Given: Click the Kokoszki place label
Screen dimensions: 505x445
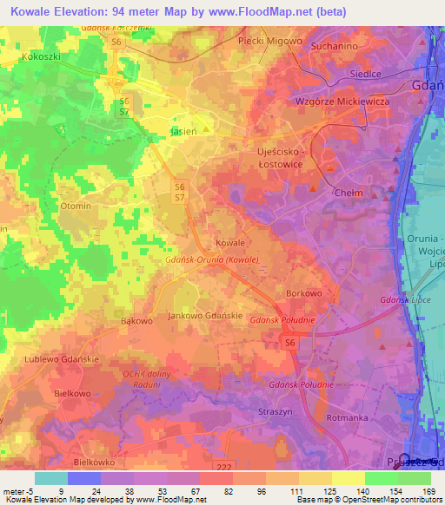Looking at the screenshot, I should click(39, 56).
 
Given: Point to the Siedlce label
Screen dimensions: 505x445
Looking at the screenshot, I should click(365, 74).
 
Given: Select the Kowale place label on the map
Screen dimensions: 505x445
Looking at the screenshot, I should click(229, 243).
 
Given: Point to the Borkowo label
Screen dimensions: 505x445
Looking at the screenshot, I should click(305, 293).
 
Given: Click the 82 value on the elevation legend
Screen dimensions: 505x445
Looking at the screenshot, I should click(203, 492).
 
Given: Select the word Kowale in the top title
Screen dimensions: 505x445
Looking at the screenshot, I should click(34, 12).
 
